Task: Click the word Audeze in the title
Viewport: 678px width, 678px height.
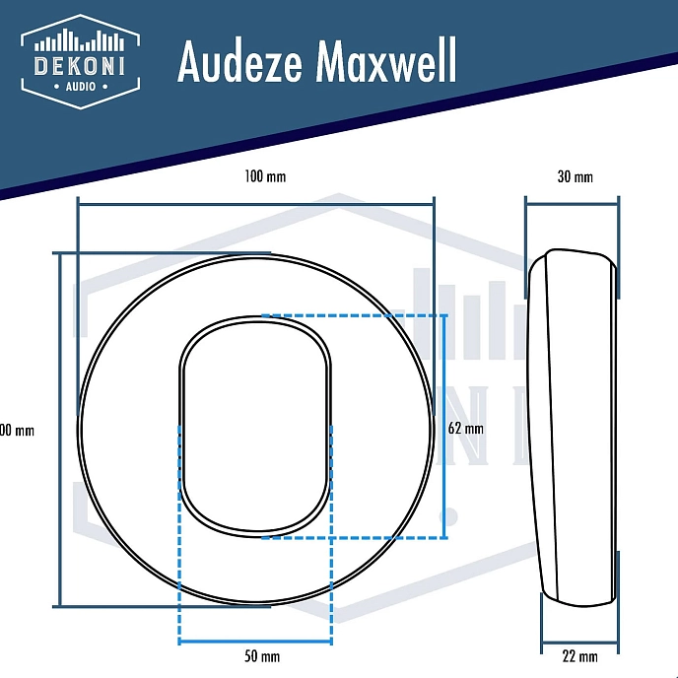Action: [x=240, y=63]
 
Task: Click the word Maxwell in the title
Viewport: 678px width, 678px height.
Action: [x=386, y=63]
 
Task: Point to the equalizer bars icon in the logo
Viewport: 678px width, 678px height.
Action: [x=80, y=40]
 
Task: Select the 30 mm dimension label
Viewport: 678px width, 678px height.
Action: [x=575, y=177]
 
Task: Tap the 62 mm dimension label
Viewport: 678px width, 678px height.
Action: [x=465, y=429]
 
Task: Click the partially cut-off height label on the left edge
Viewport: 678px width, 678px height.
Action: [x=18, y=431]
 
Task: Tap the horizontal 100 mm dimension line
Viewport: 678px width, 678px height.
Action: [x=255, y=204]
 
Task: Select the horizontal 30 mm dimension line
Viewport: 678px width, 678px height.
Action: [x=572, y=204]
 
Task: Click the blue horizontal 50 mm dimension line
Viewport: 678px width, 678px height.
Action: [x=255, y=643]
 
